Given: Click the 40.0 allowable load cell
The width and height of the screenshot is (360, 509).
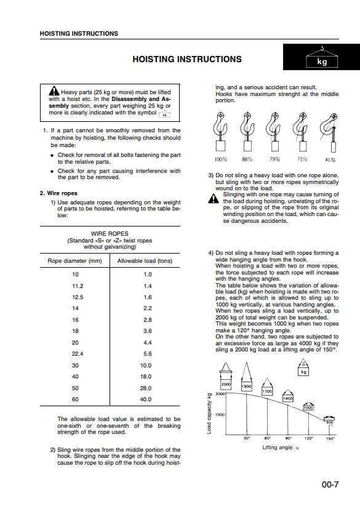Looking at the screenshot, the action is [x=146, y=399].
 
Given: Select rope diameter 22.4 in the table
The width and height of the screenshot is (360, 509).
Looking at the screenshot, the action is [x=78, y=354].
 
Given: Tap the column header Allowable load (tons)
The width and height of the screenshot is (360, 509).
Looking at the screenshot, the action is [x=145, y=261].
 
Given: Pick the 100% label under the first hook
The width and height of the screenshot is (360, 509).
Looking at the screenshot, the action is [x=221, y=159].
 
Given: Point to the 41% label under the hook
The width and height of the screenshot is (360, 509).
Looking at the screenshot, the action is [x=330, y=159].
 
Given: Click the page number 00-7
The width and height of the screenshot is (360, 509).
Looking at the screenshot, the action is [x=330, y=484].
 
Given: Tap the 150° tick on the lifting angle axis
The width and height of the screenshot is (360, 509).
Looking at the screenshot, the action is [x=330, y=439].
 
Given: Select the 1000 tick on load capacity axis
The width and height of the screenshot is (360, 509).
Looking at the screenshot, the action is [x=220, y=415].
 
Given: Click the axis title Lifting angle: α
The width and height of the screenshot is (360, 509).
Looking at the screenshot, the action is [x=281, y=447].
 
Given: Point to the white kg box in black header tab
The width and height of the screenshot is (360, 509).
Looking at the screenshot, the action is [x=322, y=62].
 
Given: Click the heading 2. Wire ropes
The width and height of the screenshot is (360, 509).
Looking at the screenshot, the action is [x=58, y=193].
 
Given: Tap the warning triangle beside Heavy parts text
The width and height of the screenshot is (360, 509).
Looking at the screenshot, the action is [x=54, y=91].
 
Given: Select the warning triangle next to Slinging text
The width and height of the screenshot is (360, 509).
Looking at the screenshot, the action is [x=214, y=198].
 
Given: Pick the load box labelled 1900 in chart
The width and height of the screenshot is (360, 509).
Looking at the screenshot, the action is [x=247, y=387].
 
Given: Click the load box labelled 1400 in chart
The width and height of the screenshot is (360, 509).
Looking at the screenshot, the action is [x=288, y=398].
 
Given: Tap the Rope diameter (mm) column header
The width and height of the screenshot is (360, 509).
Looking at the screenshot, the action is [x=74, y=261].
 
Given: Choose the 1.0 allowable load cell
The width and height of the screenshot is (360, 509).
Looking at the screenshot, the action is [x=148, y=275].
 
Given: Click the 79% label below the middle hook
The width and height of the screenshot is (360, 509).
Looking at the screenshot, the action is [x=274, y=159].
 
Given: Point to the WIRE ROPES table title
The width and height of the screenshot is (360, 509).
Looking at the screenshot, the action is [x=110, y=234].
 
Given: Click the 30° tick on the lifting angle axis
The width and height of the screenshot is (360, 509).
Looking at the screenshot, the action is [x=247, y=438].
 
